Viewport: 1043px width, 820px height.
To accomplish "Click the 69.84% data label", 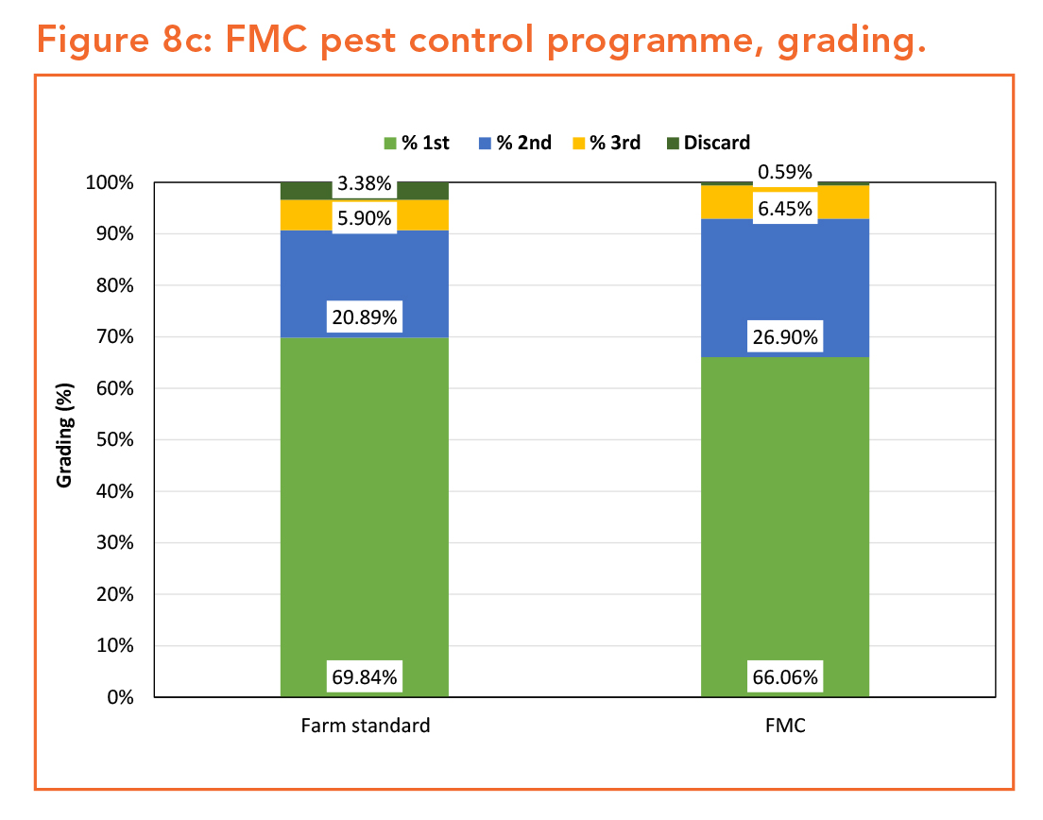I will pos(364,676).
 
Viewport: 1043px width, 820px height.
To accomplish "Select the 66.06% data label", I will pos(784,676).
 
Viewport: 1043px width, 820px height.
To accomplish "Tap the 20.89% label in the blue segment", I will pos(364,318).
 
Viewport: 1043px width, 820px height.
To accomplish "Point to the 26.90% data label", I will pos(784,337).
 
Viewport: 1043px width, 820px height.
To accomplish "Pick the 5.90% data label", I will pos(364,218).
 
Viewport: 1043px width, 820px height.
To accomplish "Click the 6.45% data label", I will pos(784,209).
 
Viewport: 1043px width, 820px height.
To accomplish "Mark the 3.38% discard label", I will pos(364,184).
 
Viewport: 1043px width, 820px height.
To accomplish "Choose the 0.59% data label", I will pos(784,173).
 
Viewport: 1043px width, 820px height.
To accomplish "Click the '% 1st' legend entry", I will pos(417,143).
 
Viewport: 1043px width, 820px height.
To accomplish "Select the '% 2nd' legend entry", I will pos(516,143).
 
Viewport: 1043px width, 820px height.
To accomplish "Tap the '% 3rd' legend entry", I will pos(607,143).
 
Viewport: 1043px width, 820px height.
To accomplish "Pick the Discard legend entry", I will pos(709,143).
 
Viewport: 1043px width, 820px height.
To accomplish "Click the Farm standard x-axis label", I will pos(365,726).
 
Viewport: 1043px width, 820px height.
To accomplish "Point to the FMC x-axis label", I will pos(784,726).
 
